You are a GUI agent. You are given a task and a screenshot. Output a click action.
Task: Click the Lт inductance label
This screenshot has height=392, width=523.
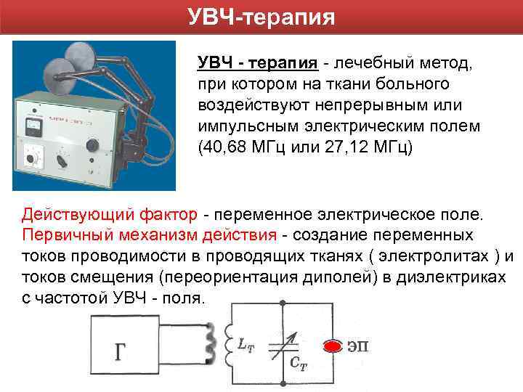246,345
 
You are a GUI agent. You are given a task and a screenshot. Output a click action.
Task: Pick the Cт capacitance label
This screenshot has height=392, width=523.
299,365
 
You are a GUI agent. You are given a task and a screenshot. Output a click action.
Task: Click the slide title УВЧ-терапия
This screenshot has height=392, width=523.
261,17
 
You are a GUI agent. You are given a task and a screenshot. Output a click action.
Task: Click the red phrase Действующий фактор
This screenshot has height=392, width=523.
109,215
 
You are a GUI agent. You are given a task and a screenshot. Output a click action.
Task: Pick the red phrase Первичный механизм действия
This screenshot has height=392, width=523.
149,235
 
